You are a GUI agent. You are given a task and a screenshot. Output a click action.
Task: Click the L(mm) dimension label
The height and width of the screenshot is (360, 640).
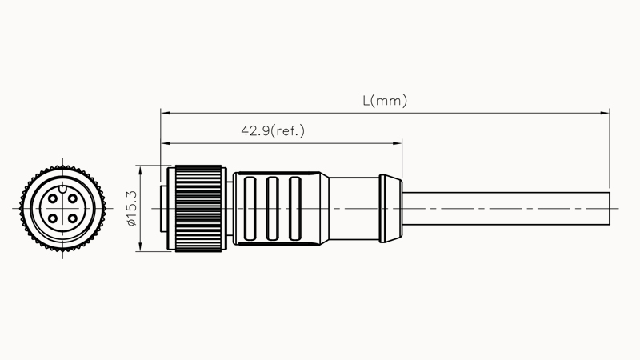pos(384,101)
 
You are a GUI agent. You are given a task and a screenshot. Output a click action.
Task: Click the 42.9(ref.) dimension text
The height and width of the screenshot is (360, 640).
pos(273,130)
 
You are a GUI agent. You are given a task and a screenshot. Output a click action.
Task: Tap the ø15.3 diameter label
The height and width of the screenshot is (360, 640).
pos(132,208)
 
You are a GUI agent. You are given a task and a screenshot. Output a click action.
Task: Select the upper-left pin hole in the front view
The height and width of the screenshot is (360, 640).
pos(52,198)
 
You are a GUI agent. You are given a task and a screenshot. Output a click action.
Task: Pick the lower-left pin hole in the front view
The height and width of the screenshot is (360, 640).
pos(52,217)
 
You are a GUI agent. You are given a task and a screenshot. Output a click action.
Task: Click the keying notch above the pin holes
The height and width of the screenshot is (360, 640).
pos(62,190)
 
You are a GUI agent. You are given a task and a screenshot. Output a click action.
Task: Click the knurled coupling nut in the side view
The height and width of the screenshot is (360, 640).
pos(198,208)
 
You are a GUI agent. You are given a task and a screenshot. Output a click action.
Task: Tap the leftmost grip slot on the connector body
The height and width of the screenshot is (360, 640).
pos(250,208)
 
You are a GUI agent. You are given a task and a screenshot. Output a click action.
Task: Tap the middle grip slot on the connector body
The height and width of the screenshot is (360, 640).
pos(273,208)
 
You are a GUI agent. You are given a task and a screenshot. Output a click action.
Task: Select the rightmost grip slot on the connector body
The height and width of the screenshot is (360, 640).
pos(295,208)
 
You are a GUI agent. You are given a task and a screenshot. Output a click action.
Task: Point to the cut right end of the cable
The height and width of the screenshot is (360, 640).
pos(610,208)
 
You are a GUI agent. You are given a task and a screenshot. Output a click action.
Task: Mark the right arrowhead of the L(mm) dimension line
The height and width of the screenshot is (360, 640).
pos(606,113)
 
